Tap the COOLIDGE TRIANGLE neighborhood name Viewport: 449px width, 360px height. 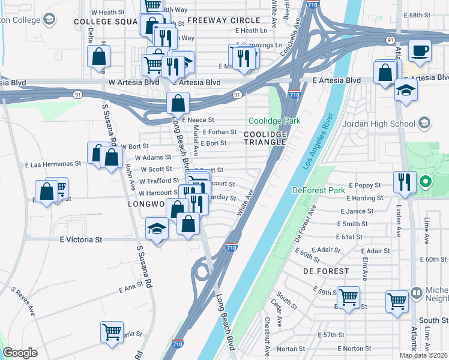[265, 137]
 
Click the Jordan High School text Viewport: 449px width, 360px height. [379, 124]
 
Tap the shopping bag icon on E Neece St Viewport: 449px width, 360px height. [178, 103]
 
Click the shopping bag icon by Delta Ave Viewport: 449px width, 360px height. [98, 57]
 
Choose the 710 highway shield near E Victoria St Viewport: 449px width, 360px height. [231, 247]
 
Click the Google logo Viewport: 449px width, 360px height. [20, 353]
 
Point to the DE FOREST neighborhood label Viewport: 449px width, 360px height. [326, 271]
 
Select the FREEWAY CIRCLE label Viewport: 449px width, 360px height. [223, 20]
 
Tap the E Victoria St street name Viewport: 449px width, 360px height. [81, 239]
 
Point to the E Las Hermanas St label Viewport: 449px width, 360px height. [53, 163]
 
